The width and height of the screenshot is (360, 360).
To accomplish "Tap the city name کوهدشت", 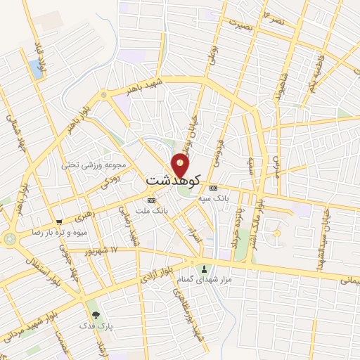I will point(173,181).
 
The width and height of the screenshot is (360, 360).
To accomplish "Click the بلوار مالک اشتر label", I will point(261,211).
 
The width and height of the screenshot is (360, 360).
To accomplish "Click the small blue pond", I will point(36,68).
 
